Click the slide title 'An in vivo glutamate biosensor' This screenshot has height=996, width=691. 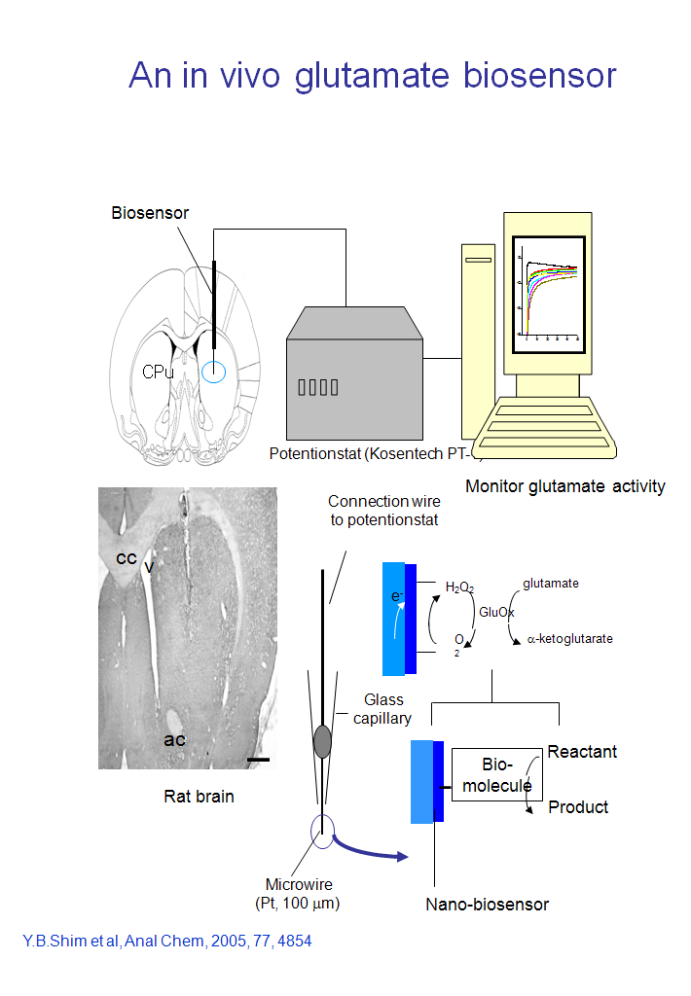pos(373,75)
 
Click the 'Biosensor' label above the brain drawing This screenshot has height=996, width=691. pos(149,213)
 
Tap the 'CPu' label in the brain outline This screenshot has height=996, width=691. pos(158,372)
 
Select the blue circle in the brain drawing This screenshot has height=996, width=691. pos(212,371)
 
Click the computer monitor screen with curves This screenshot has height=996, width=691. pos(549,291)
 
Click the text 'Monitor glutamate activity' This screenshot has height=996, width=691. pos(564,486)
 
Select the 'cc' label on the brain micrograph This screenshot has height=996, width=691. pos(126,558)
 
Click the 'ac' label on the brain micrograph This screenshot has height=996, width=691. pos(174,740)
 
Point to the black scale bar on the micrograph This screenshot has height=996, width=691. pos(257,757)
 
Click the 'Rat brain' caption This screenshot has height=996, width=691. pos(198,797)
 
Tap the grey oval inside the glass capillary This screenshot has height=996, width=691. pos(323,741)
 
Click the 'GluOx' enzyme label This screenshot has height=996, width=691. pos(496,612)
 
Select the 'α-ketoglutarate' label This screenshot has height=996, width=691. pos(569,640)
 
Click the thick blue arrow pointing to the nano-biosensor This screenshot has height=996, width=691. pos(370,850)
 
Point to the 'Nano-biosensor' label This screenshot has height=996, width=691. pos(487,905)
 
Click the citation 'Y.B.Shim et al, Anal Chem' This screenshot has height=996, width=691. pos(166,942)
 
